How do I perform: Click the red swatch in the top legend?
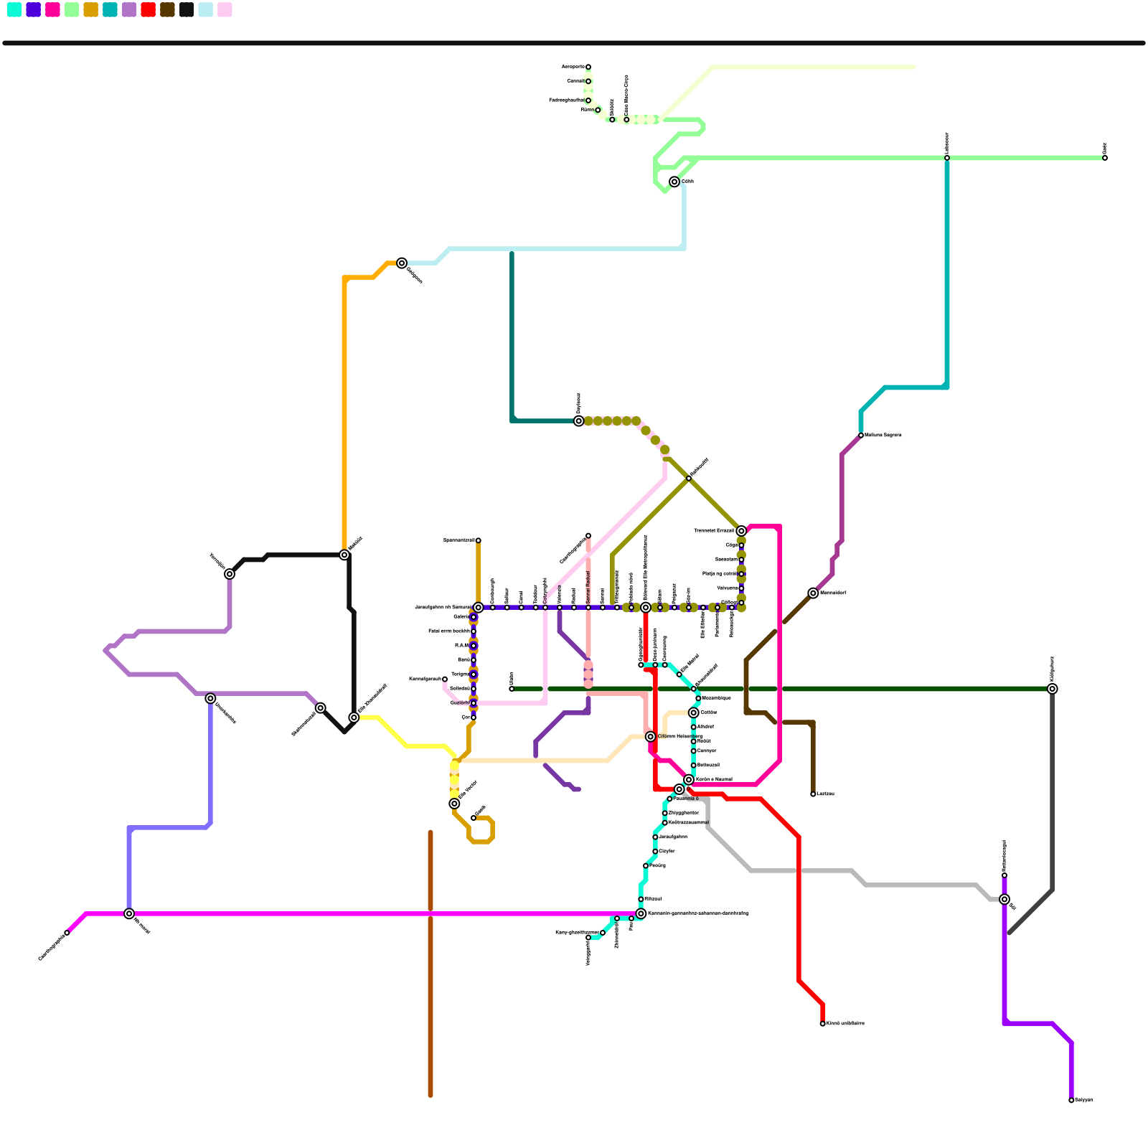click(x=148, y=9)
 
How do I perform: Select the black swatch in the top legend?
click(x=187, y=9)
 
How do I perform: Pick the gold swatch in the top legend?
click(x=90, y=9)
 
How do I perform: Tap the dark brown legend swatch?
click(x=167, y=9)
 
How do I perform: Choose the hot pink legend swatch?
click(x=52, y=9)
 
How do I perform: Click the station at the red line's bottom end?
click(x=822, y=1023)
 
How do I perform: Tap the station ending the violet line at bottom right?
click(x=1071, y=1100)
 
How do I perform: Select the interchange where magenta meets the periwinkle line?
click(x=129, y=913)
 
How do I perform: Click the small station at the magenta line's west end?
click(x=67, y=933)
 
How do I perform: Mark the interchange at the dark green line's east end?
click(x=1052, y=689)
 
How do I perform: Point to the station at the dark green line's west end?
click(x=512, y=689)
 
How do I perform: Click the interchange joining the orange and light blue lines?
click(x=402, y=263)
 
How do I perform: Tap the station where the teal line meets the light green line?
click(x=947, y=158)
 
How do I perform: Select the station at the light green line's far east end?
click(x=1105, y=158)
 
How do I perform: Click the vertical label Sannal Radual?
click(x=588, y=587)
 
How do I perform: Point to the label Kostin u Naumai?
click(x=714, y=779)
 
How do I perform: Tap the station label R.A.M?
click(x=461, y=646)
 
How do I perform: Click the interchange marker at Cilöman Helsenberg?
click(x=650, y=737)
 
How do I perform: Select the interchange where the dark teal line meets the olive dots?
click(x=578, y=421)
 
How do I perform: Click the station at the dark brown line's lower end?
click(x=813, y=794)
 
